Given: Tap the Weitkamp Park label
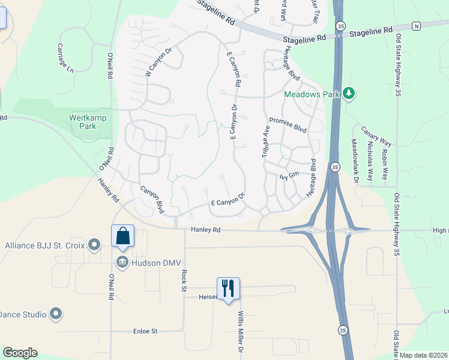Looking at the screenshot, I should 88,122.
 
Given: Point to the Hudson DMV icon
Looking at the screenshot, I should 122,261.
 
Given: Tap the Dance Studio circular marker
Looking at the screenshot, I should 56,314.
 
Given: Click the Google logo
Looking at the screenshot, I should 19,353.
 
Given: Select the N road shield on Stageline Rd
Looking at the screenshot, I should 416,26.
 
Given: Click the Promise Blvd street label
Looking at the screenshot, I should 288,124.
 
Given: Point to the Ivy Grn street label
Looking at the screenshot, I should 289,176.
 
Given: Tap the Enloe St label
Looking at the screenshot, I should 145,331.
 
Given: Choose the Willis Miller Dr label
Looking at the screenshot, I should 241,332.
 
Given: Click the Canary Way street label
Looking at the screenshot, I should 376,136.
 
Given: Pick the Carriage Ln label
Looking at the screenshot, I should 65,58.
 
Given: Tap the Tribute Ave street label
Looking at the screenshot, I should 264,142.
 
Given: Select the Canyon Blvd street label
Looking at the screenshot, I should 152,199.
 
